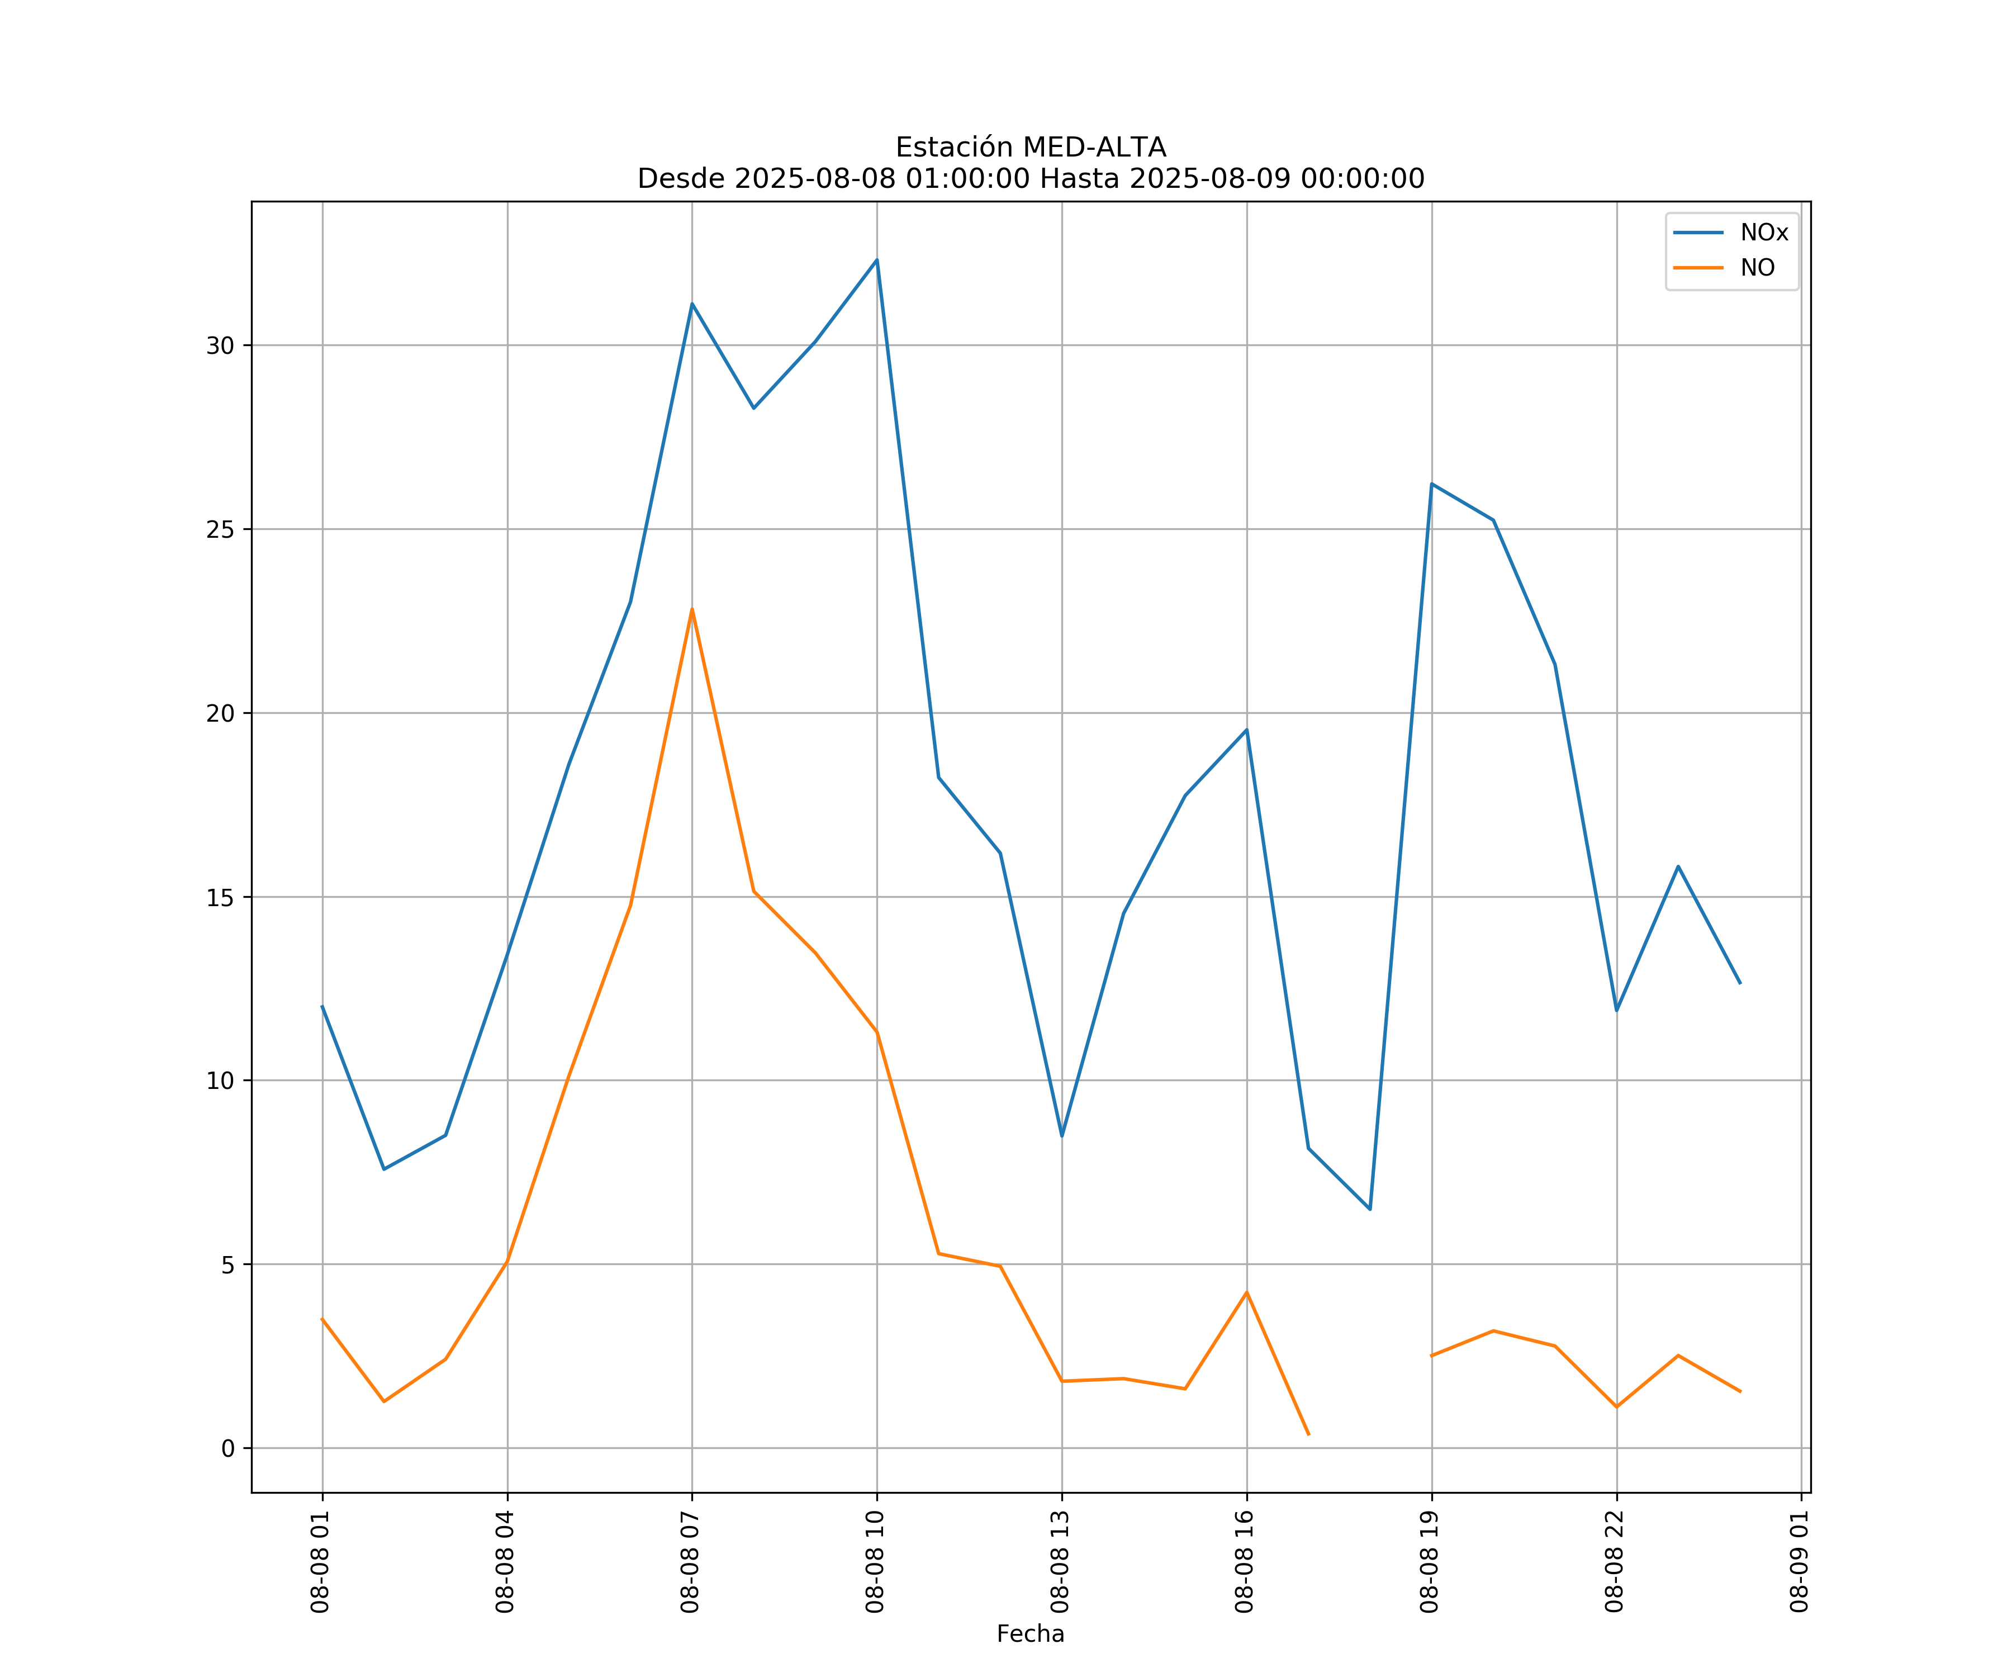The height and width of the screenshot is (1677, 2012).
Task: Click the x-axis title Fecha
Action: click(x=1030, y=1634)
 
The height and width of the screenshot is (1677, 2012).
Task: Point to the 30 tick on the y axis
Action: click(x=220, y=346)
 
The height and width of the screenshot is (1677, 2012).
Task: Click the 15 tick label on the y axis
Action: click(x=220, y=898)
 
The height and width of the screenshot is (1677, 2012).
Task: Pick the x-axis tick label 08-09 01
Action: click(x=1799, y=1561)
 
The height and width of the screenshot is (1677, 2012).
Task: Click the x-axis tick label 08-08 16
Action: click(x=1245, y=1561)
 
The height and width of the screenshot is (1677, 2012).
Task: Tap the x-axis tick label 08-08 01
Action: click(x=321, y=1561)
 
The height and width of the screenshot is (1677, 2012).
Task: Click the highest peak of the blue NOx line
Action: click(x=877, y=260)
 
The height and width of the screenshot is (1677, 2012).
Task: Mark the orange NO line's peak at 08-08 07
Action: click(x=692, y=609)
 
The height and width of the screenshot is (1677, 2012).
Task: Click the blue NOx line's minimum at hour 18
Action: click(x=1370, y=1209)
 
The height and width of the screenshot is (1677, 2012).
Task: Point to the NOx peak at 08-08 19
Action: click(x=1431, y=484)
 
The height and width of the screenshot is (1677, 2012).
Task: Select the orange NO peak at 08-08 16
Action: click(x=1246, y=1293)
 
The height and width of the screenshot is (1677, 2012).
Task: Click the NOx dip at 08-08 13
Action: click(x=1061, y=1135)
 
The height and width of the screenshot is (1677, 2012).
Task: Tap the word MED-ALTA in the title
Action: click(x=1094, y=148)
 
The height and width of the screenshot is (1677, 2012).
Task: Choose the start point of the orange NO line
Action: click(x=322, y=1319)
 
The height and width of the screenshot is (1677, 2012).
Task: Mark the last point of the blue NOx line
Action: click(x=1740, y=983)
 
